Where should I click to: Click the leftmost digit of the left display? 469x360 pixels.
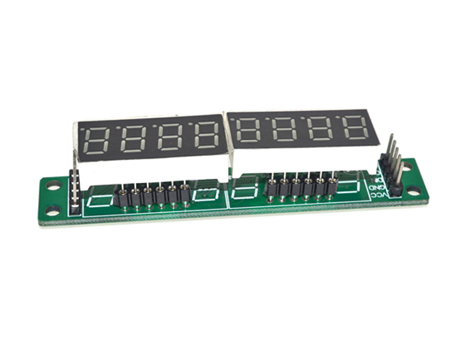(x=97, y=139)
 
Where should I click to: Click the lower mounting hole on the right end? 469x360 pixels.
(x=414, y=190)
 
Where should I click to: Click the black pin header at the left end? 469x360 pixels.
(x=75, y=191)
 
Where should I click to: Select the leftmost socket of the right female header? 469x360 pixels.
(x=271, y=188)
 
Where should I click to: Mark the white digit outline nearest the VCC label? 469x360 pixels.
(x=356, y=186)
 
